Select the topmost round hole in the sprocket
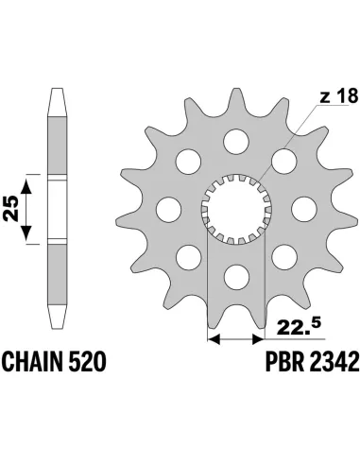pos(232,141)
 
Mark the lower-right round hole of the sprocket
pos(280,253)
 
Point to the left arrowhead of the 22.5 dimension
pos(212,336)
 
